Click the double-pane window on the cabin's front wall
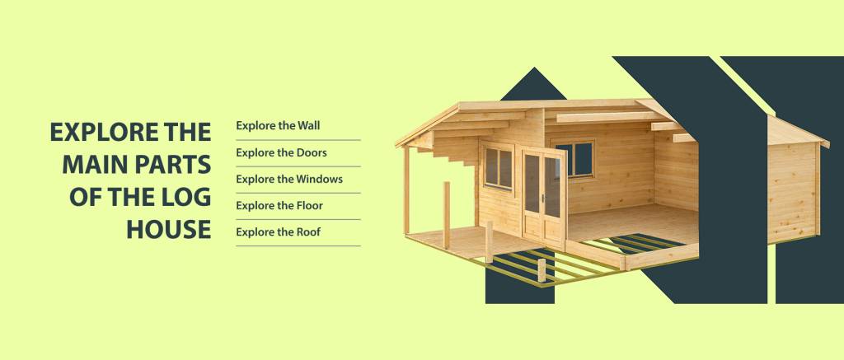(498, 166)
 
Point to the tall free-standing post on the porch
(447, 215)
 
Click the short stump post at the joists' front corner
(542, 271)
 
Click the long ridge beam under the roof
(610, 117)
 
